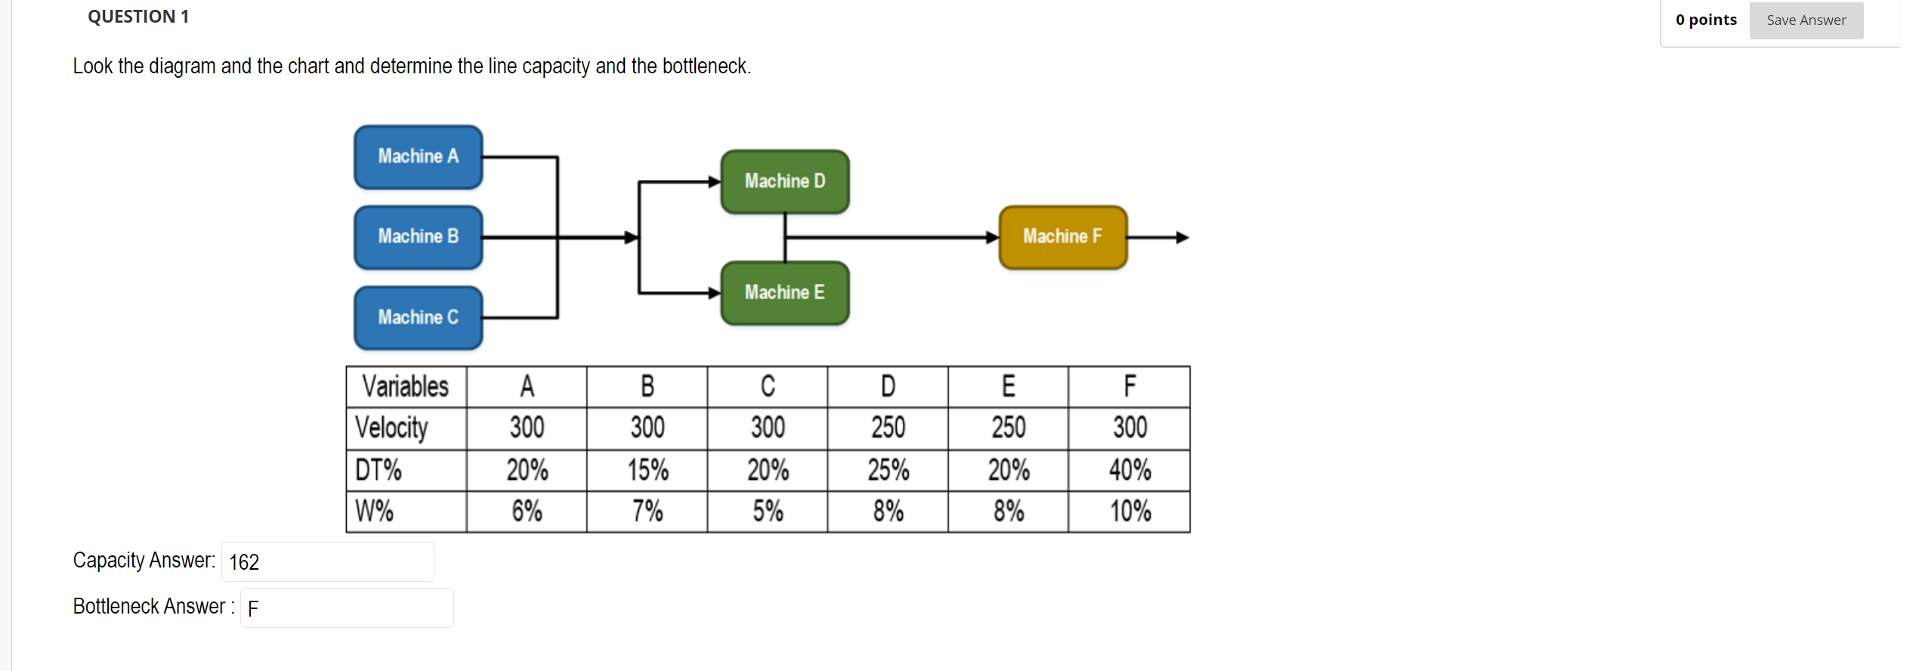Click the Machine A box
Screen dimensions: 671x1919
tap(418, 156)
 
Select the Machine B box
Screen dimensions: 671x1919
tap(418, 237)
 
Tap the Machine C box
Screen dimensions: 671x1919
tap(418, 317)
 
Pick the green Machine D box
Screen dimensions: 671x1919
tap(784, 181)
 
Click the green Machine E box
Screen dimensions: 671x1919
tap(784, 292)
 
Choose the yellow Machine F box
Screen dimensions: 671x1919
tap(1062, 237)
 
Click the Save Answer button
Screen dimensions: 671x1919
tap(1805, 20)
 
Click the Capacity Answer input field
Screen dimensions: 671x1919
tap(327, 561)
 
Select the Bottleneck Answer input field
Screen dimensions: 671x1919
tap(346, 608)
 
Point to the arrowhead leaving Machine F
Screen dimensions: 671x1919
tap(1182, 237)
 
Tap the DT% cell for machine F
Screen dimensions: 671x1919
tap(1129, 470)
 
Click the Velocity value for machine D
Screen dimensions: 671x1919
tap(888, 428)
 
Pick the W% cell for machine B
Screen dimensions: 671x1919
tap(647, 512)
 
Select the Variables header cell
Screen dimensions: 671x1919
tap(406, 387)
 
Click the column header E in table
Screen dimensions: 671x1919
tap(1008, 387)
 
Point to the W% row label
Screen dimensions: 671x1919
tap(375, 512)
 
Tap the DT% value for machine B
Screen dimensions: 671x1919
tap(647, 470)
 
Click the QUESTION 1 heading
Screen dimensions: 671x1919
tap(138, 17)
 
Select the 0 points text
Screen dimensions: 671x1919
tap(1705, 20)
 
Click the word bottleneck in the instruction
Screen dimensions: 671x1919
tap(703, 66)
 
